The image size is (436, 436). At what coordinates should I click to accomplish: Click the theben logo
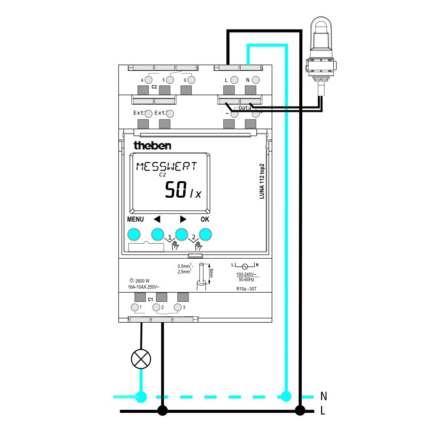152,145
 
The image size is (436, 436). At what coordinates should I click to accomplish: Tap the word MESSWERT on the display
166,167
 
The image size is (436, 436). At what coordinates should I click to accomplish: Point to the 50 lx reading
182,190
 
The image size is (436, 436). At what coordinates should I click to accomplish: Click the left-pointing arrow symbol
156,219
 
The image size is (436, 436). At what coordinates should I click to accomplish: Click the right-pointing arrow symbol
183,219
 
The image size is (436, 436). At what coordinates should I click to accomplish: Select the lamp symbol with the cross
141,359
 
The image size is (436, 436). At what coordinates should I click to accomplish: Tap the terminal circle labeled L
234,79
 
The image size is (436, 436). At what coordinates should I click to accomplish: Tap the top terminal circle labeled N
256,79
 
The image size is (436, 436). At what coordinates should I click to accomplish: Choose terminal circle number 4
149,79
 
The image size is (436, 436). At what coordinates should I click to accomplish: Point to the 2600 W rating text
140,280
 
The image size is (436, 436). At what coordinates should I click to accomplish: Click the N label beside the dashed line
323,396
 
